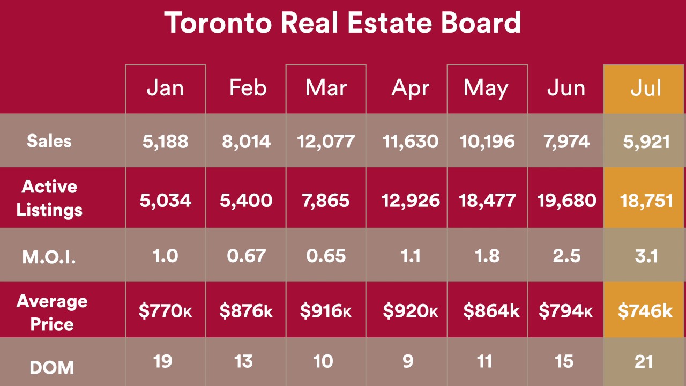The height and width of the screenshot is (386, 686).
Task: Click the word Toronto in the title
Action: click(217, 23)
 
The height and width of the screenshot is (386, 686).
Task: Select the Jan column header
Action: click(165, 88)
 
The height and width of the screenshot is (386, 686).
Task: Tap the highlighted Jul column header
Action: click(646, 88)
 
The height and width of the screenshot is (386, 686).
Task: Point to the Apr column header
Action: click(410, 88)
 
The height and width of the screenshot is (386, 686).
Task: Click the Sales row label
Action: click(49, 141)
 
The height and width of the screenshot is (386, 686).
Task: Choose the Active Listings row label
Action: click(49, 198)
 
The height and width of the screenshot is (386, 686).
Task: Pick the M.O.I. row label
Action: click(49, 257)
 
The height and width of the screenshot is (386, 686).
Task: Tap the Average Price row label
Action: click(51, 312)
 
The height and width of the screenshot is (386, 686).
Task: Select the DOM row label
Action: click(51, 368)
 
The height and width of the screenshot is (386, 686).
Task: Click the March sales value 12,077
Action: click(326, 142)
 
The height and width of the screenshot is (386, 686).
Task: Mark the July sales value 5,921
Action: click(646, 142)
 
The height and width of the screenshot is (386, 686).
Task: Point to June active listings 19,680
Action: click(566, 201)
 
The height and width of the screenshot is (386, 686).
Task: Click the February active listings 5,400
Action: click(246, 201)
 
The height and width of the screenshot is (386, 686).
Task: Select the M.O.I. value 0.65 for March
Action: click(326, 256)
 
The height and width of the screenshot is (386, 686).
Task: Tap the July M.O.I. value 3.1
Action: click(646, 256)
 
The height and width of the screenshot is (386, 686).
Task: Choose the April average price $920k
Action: click(410, 311)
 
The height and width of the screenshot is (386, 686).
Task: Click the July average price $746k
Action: click(645, 311)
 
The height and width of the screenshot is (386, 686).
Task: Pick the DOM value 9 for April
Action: click(408, 361)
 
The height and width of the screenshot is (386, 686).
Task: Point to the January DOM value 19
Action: click(162, 361)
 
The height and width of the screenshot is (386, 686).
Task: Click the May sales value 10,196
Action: click(487, 142)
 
